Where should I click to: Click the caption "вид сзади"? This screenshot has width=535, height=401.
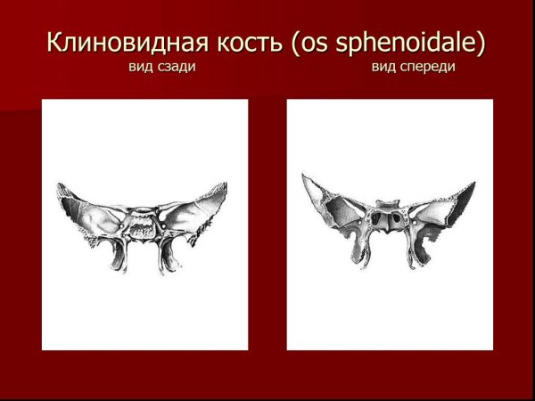point(162,68)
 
